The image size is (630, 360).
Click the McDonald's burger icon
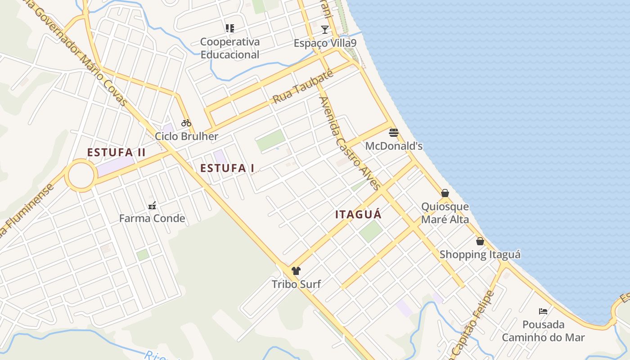point(394,132)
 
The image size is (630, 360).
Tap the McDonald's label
point(394,146)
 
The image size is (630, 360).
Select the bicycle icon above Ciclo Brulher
point(186,122)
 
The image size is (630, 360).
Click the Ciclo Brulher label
point(186,136)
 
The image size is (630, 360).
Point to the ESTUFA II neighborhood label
point(116,152)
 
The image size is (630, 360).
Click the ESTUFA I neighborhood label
point(227,168)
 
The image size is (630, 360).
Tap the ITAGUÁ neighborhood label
point(358,215)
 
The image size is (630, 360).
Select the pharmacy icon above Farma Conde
point(152,206)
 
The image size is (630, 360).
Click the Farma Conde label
point(152,219)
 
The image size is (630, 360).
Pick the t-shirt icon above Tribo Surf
point(296,271)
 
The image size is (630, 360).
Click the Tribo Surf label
point(296,284)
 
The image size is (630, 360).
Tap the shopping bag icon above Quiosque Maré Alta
point(445,193)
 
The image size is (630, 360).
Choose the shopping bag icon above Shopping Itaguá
point(480,241)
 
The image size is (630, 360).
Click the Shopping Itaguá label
point(480,255)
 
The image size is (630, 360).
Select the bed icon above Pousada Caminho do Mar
point(543,311)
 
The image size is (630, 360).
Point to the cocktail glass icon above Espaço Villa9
point(325,30)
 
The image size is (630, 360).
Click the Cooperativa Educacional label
point(230,48)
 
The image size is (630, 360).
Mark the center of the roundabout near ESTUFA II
point(81,175)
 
